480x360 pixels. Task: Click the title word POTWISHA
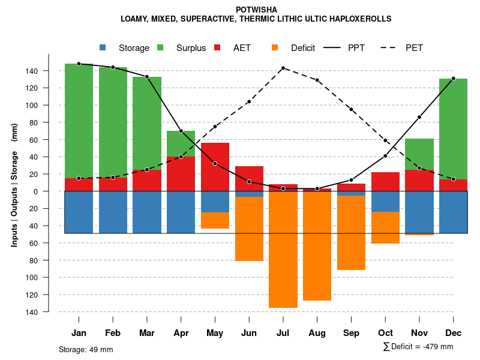coord(256,10)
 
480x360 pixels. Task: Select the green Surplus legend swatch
coord(160,47)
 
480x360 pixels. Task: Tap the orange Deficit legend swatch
coord(275,47)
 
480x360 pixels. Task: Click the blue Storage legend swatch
coord(103,47)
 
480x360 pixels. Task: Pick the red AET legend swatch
coord(217,47)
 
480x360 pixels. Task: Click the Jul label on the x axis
coord(283,333)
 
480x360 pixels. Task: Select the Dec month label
coord(453,333)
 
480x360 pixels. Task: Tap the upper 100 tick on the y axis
coord(49,105)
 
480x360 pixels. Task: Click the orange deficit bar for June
coord(249,229)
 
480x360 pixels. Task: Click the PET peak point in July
coord(283,68)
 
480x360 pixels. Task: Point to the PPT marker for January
coord(79,64)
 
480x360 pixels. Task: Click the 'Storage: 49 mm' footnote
coord(86,349)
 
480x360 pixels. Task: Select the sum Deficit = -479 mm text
coord(418,347)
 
